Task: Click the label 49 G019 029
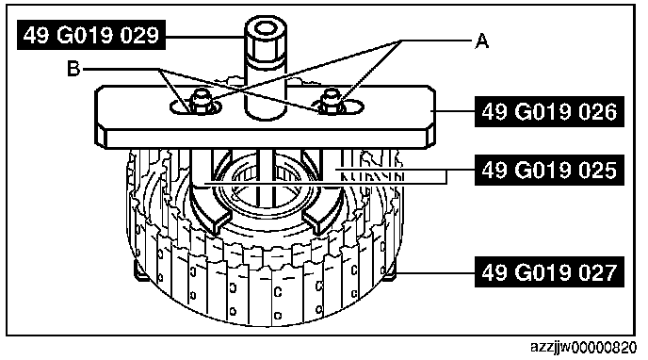pyautogui.click(x=91, y=35)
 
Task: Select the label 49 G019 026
pyautogui.click(x=549, y=111)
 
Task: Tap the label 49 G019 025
pyautogui.click(x=549, y=170)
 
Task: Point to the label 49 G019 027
pyautogui.click(x=549, y=272)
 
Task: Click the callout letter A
pyautogui.click(x=482, y=41)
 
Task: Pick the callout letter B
pyautogui.click(x=73, y=69)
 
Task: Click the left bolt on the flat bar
pyautogui.click(x=200, y=101)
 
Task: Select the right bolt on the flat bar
pyautogui.click(x=332, y=101)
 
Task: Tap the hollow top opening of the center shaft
pyautogui.click(x=266, y=27)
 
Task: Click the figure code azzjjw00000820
pyautogui.click(x=584, y=347)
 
